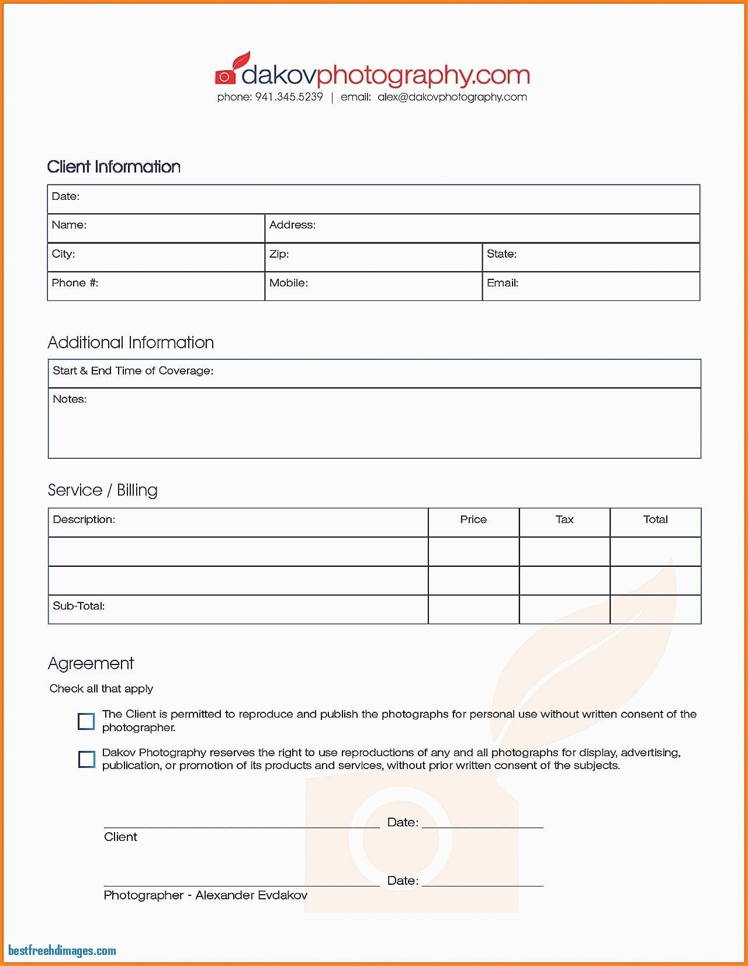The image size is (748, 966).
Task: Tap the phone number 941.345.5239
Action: [x=289, y=97]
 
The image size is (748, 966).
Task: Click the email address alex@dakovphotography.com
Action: [x=452, y=97]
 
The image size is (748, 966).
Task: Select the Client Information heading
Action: [x=114, y=167]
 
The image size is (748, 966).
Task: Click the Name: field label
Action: [x=69, y=225]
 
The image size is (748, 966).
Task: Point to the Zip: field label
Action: [x=279, y=254]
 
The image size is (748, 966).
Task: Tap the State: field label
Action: [x=501, y=254]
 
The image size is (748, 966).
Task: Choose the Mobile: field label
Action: [x=288, y=283]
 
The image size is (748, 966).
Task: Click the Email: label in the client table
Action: [x=502, y=283]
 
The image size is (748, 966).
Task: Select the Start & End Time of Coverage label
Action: [x=133, y=371]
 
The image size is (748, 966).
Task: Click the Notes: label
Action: [x=70, y=399]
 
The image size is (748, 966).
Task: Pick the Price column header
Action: [x=473, y=520]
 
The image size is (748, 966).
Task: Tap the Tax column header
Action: [x=565, y=520]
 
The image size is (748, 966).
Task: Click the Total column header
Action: [x=655, y=520]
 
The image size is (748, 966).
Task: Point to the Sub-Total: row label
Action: [x=79, y=606]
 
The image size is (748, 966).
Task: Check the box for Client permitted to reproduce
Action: [x=86, y=721]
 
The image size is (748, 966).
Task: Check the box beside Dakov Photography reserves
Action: [x=86, y=759]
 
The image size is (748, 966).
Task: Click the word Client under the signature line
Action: [x=120, y=837]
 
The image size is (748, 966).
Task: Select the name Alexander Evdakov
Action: [x=251, y=895]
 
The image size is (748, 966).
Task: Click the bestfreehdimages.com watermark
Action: [x=62, y=951]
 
